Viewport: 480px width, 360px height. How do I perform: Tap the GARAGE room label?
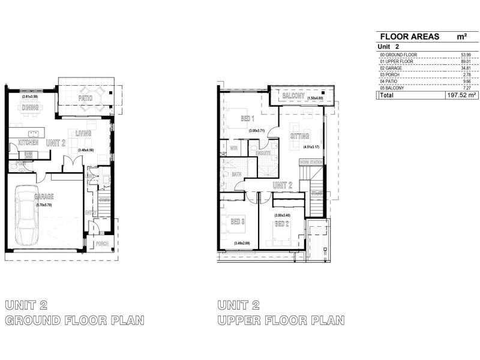pyautogui.click(x=44, y=196)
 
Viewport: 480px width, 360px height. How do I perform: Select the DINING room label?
pyautogui.click(x=30, y=108)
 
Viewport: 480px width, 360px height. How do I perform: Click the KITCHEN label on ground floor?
pyautogui.click(x=28, y=143)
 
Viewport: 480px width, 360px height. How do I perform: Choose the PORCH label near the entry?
pyautogui.click(x=101, y=244)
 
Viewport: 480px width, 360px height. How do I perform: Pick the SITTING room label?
pyautogui.click(x=299, y=136)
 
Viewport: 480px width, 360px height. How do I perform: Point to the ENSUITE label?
pyautogui.click(x=263, y=153)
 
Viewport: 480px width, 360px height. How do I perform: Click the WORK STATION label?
pyautogui.click(x=311, y=162)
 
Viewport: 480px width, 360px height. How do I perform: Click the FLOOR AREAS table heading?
pyautogui.click(x=407, y=37)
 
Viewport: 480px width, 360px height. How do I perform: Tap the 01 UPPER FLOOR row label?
pyautogui.click(x=397, y=61)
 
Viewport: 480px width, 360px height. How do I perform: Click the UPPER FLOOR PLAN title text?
pyautogui.click(x=281, y=320)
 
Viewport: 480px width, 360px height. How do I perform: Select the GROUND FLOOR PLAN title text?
pyautogui.click(x=74, y=320)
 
